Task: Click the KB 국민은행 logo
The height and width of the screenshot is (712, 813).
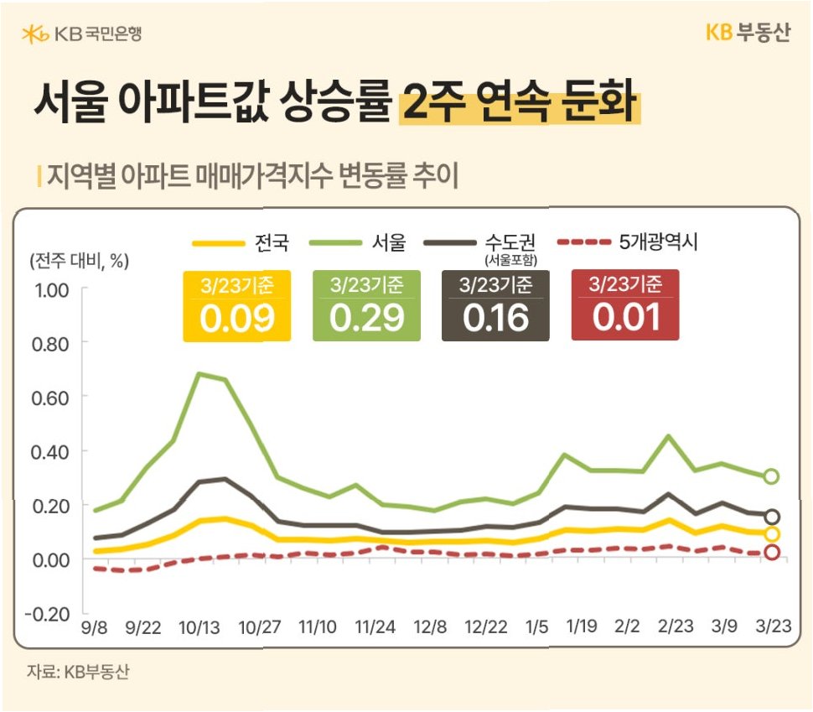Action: (x=82, y=34)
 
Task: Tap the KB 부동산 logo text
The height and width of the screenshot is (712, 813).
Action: (x=748, y=32)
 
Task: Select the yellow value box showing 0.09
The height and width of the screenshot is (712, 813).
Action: (x=236, y=305)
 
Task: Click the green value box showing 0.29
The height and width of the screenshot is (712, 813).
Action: (x=366, y=305)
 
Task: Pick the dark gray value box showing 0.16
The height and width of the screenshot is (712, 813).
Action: (x=495, y=305)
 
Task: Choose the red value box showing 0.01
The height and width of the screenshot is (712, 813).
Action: (x=624, y=305)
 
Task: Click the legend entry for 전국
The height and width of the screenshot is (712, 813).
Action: (x=241, y=242)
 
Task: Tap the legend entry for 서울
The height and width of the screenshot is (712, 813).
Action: (x=358, y=242)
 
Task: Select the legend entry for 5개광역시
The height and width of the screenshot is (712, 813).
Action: (x=628, y=242)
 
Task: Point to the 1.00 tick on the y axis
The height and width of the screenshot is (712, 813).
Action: (x=51, y=290)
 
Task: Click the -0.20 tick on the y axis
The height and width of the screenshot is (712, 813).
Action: (x=48, y=615)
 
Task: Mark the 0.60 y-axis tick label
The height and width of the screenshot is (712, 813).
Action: (x=50, y=398)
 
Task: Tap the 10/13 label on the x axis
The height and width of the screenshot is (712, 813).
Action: (x=199, y=628)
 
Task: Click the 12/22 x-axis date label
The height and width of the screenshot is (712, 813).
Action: (x=486, y=627)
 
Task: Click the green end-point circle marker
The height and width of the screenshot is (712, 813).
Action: (x=771, y=476)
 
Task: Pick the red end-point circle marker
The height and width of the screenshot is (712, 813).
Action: (x=772, y=552)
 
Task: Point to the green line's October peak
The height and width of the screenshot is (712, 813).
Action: (x=200, y=374)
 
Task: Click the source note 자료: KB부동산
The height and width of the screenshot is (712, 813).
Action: (x=78, y=672)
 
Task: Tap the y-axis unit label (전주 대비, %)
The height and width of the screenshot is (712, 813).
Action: (x=80, y=261)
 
